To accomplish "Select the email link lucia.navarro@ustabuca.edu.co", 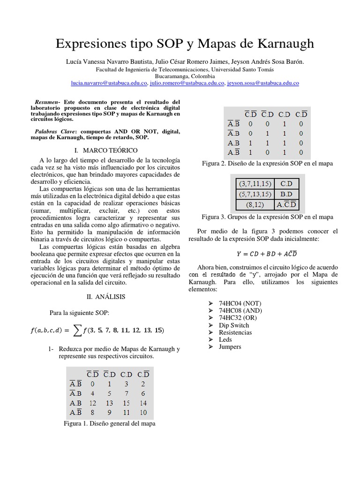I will tap(109, 83).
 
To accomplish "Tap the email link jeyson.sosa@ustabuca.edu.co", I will tap(263, 83).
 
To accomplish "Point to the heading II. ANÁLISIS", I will tap(106, 297).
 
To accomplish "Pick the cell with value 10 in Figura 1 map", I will tap(143, 413).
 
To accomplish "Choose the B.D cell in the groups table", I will tap(286, 194).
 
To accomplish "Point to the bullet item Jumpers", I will tap(230, 346).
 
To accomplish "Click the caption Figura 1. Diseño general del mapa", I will tap(109, 423).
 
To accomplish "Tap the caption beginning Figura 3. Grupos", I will tap(267, 217).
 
